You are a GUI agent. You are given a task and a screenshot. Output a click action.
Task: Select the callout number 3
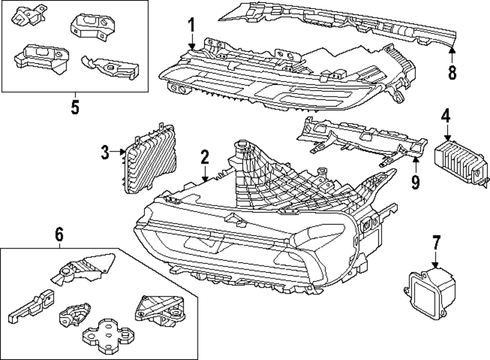pyautogui.click(x=105, y=153)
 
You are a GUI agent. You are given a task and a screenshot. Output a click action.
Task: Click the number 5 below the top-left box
pyautogui.click(x=74, y=107)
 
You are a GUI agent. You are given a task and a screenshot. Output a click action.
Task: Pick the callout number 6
pyautogui.click(x=59, y=235)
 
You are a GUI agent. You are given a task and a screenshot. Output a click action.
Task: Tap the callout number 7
pyautogui.click(x=436, y=243)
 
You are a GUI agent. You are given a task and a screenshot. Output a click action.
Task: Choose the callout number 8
pyautogui.click(x=452, y=72)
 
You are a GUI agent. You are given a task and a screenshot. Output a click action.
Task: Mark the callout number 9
pyautogui.click(x=416, y=181)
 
